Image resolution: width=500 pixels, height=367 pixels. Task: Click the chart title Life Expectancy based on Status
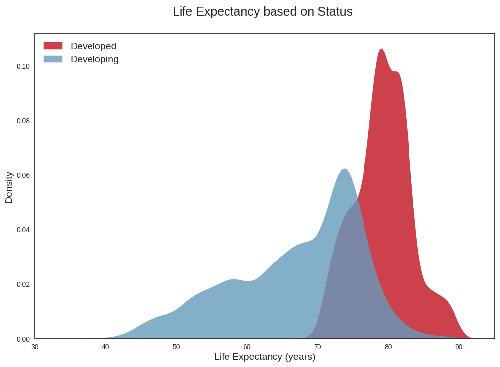pyautogui.click(x=262, y=12)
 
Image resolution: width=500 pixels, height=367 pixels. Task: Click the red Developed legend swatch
pyautogui.click(x=53, y=46)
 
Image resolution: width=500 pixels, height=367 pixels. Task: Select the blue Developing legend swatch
pyautogui.click(x=53, y=59)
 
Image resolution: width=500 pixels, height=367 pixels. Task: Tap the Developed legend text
pyautogui.click(x=93, y=46)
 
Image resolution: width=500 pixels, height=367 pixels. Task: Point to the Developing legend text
pyautogui.click(x=94, y=59)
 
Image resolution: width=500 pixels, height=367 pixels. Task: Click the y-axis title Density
pyautogui.click(x=9, y=187)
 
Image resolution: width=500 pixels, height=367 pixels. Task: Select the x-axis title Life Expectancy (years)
pyautogui.click(x=265, y=357)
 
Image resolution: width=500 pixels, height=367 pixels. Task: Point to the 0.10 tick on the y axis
pyautogui.click(x=23, y=66)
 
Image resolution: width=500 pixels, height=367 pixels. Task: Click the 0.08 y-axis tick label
pyautogui.click(x=23, y=121)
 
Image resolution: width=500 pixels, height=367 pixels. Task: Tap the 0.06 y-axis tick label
pyautogui.click(x=23, y=175)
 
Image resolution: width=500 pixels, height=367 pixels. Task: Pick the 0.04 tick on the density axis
pyautogui.click(x=23, y=230)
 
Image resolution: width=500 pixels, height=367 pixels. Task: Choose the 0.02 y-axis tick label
pyautogui.click(x=23, y=284)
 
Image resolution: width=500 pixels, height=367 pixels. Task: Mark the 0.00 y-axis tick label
pyautogui.click(x=23, y=339)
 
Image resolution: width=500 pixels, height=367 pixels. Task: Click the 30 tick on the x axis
pyautogui.click(x=35, y=347)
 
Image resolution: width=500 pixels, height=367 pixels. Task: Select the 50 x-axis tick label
pyautogui.click(x=176, y=347)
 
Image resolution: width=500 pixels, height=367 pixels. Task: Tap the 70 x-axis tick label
pyautogui.click(x=318, y=347)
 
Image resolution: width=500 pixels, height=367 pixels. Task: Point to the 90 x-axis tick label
pyautogui.click(x=459, y=347)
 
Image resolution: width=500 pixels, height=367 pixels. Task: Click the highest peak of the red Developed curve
pyautogui.click(x=381, y=49)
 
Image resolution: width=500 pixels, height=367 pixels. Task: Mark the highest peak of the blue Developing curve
pyautogui.click(x=344, y=169)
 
